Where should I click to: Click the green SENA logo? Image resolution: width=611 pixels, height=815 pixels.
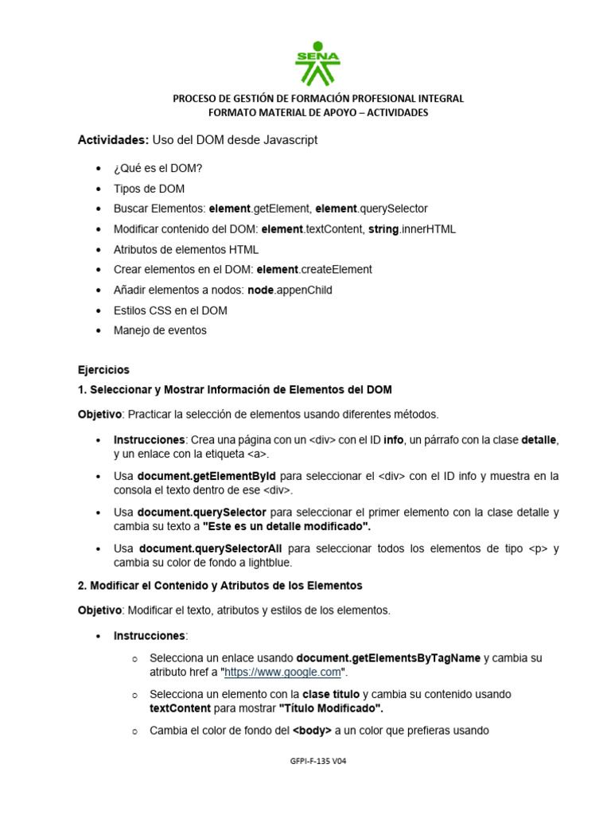click(x=317, y=64)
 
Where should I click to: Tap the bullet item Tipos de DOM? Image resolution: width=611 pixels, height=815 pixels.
click(x=149, y=189)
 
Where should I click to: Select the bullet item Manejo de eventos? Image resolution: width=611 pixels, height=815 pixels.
click(x=160, y=330)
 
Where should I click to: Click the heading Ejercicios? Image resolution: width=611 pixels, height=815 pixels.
click(x=103, y=370)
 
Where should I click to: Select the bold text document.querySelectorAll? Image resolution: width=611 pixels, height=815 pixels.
click(x=210, y=548)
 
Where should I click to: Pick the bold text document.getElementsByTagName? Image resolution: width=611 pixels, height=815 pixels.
click(x=388, y=658)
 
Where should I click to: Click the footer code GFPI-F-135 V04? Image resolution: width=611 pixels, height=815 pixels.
click(x=318, y=761)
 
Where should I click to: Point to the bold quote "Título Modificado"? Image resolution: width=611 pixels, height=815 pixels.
click(x=331, y=708)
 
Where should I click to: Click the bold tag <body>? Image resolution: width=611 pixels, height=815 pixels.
click(x=312, y=731)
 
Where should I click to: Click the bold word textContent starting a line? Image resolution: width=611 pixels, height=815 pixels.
click(x=180, y=708)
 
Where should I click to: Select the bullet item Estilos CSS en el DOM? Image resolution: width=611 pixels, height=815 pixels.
click(x=170, y=310)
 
